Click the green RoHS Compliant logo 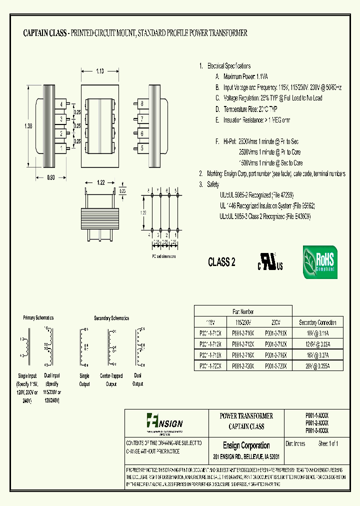(319, 262)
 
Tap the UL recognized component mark (270, 261)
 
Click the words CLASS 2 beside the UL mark (221, 262)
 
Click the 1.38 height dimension (28, 126)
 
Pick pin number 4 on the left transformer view (61, 103)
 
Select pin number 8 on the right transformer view (142, 103)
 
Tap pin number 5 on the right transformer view (142, 148)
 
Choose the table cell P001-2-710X (243, 333)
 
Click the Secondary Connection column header (317, 322)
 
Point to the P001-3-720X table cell (274, 366)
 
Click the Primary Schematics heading (38, 317)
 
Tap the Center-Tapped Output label (111, 380)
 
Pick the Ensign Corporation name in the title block (246, 445)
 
